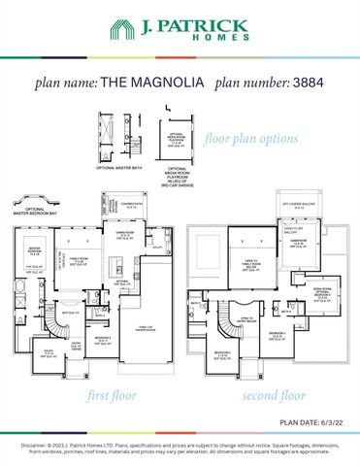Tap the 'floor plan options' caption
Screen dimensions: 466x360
pyautogui.click(x=251, y=138)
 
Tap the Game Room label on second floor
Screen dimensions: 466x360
pyautogui.click(x=300, y=243)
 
